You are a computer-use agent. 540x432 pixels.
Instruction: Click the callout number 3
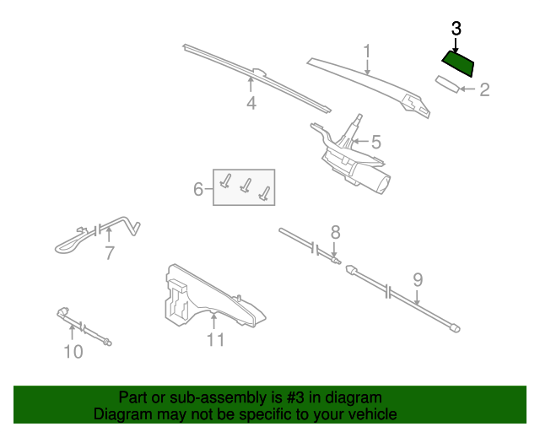pyautogui.click(x=456, y=28)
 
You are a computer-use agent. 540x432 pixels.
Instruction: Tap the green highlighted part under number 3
pyautogui.click(x=460, y=64)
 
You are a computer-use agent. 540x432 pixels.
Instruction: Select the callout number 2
pyautogui.click(x=484, y=89)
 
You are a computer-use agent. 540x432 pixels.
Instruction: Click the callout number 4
pyautogui.click(x=251, y=104)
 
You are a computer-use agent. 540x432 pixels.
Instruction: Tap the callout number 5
pyautogui.click(x=376, y=143)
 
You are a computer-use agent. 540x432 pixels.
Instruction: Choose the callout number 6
pyautogui.click(x=198, y=189)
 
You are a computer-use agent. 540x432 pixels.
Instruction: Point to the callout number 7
pyautogui.click(x=109, y=253)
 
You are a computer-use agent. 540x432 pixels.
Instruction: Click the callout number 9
pyautogui.click(x=417, y=280)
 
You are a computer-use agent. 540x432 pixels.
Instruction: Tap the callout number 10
pyautogui.click(x=73, y=351)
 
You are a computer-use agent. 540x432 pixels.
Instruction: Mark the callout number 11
pyautogui.click(x=215, y=339)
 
